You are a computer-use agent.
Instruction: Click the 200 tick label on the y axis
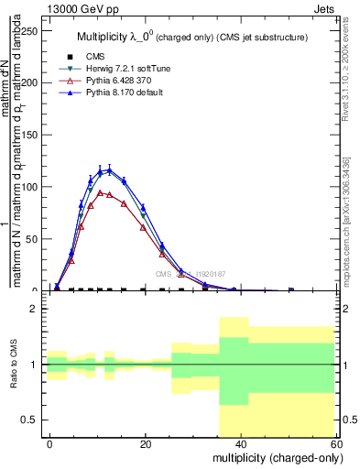click(29, 82)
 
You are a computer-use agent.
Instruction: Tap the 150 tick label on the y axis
click(29, 135)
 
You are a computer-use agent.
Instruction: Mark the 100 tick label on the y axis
click(29, 187)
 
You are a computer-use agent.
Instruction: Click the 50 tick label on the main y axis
click(32, 239)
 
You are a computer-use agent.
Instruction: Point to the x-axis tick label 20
click(145, 443)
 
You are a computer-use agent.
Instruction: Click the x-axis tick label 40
click(241, 443)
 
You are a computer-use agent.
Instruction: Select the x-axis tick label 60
click(334, 443)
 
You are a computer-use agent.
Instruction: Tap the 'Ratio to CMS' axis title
click(15, 365)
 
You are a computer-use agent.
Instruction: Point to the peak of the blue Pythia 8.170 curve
click(109, 169)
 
